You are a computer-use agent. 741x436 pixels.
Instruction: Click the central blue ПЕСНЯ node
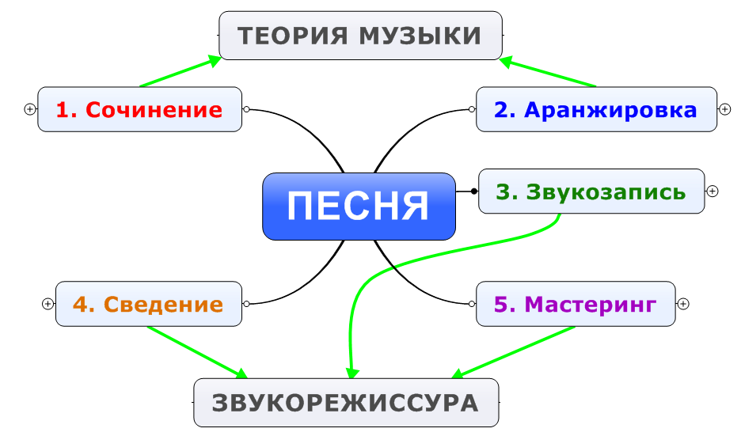pos(359,207)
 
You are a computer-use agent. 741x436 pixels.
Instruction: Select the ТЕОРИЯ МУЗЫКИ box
pos(360,36)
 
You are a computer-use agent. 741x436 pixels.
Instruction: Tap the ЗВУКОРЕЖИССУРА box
pos(346,403)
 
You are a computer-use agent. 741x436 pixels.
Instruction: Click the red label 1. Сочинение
pos(139,109)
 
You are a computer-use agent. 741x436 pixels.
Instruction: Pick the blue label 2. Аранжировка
pos(595,109)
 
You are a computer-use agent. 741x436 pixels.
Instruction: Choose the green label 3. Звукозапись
pos(591,191)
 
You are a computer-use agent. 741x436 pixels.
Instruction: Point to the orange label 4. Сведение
pos(148,304)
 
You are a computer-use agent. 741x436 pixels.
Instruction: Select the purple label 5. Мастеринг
pos(575,305)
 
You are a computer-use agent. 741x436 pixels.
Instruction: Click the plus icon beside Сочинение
pos(30,109)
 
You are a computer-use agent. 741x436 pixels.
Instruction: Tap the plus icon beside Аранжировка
pos(724,109)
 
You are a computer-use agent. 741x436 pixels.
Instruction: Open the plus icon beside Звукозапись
pos(712,191)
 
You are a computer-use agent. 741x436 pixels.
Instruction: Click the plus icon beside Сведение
pos(47,304)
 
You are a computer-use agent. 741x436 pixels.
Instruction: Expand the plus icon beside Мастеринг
pos(683,304)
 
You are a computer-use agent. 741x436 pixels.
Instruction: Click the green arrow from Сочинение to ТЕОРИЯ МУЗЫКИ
pos(180,71)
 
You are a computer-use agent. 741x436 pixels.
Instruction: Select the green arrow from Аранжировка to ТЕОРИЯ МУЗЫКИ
pos(548,72)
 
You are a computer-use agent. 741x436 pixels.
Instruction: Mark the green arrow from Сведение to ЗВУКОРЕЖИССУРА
pos(198,352)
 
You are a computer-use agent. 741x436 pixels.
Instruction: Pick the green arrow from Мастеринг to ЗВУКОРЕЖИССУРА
pos(513,352)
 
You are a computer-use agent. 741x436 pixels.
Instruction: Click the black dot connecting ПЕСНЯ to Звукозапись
pos(474,191)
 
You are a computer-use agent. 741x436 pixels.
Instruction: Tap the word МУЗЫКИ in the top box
pos(420,36)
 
